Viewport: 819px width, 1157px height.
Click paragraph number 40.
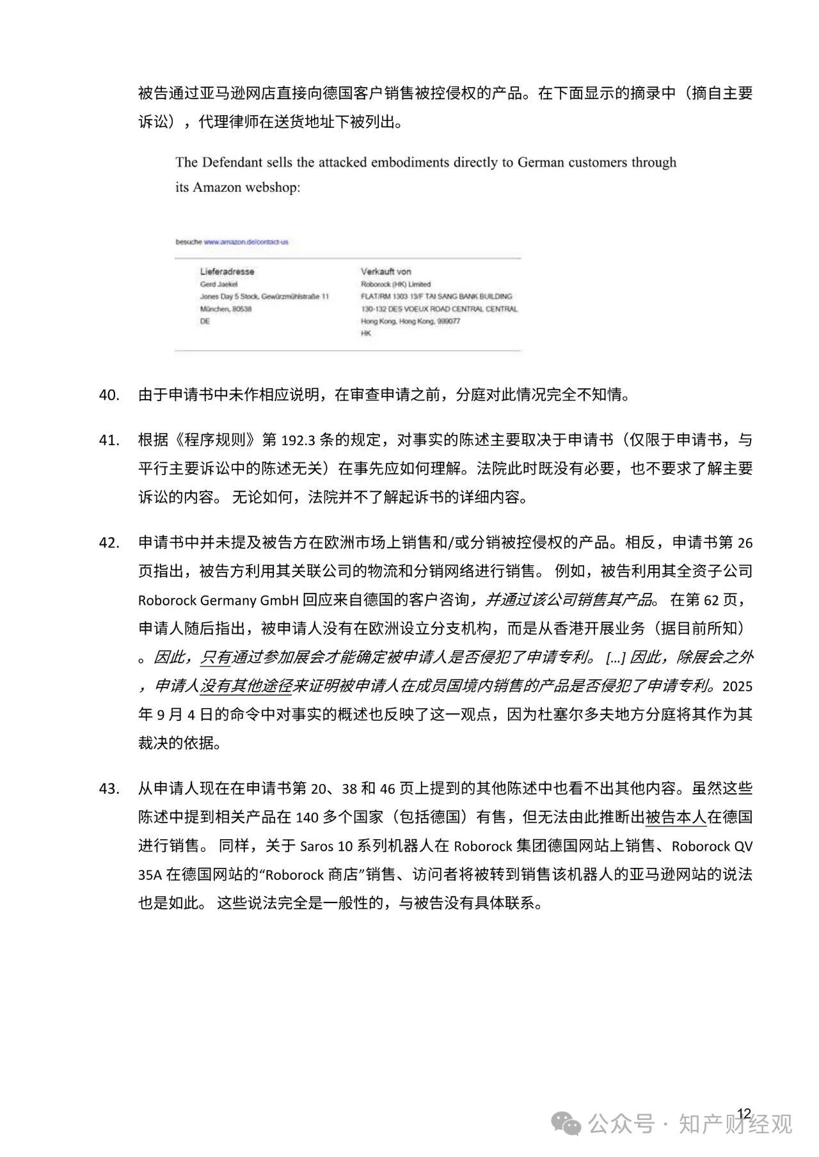pos(109,395)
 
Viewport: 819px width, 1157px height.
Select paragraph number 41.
pos(109,440)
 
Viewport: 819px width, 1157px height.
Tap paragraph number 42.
pos(109,542)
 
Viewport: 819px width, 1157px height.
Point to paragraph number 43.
pos(109,789)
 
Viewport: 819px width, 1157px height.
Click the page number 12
pos(743,1114)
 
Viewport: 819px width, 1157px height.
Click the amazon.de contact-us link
pos(246,242)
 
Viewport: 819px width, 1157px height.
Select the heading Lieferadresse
pos(227,271)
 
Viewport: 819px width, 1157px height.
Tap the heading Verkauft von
pos(385,271)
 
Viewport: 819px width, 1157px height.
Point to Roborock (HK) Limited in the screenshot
pos(395,284)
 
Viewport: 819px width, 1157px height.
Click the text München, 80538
pos(225,309)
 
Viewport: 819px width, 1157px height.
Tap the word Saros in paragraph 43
pos(317,846)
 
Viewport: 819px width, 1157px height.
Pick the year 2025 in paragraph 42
pos(737,686)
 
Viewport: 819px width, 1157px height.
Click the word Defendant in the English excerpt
pos(232,162)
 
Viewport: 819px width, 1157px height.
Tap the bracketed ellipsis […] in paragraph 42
pos(615,657)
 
